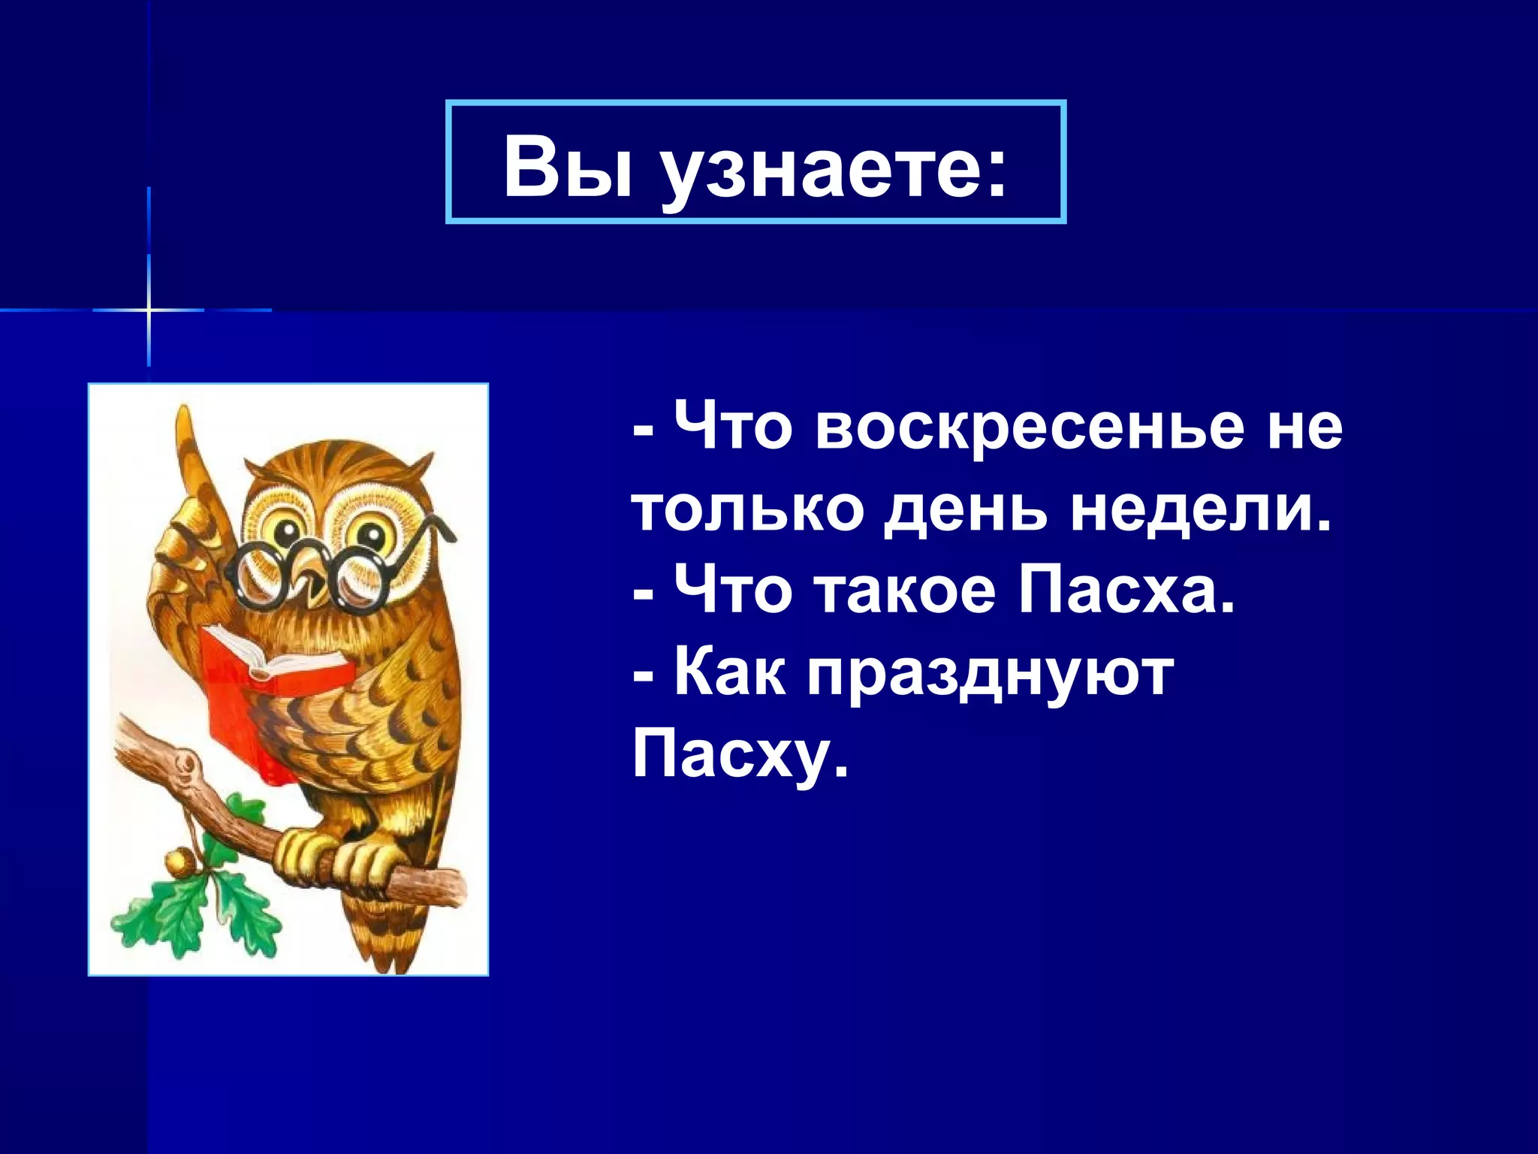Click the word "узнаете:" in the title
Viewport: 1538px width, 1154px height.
pos(834,168)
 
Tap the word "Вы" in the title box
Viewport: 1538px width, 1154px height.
pos(567,167)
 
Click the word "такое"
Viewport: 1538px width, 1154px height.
pos(905,591)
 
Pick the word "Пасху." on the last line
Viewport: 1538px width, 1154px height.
pos(740,754)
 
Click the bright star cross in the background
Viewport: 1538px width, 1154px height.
pos(149,310)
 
